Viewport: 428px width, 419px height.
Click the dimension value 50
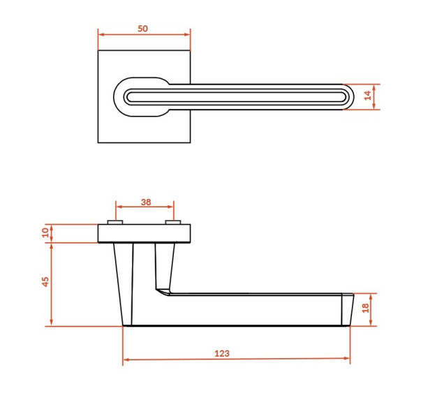(x=142, y=29)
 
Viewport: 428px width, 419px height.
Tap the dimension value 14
(x=368, y=95)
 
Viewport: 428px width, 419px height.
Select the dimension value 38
(x=146, y=202)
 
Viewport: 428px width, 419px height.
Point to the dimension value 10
(x=45, y=233)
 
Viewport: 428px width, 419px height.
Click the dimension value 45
(x=45, y=281)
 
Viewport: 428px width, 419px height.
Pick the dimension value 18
(x=365, y=308)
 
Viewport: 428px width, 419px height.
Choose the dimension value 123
(x=222, y=353)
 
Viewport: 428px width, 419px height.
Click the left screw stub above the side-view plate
(x=115, y=222)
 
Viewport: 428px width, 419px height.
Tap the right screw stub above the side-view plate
(x=172, y=222)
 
